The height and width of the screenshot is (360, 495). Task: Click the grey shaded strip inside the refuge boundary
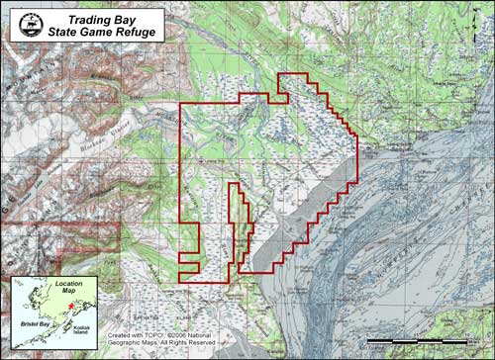(302, 218)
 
